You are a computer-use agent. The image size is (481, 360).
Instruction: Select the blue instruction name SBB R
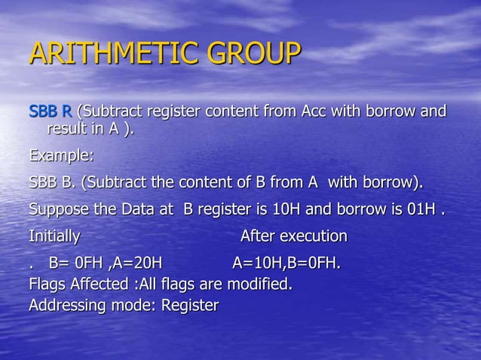point(51,112)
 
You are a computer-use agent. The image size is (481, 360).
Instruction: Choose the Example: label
point(61,156)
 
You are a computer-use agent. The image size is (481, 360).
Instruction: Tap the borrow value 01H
point(421,209)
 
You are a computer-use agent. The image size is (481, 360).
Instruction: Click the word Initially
point(54,236)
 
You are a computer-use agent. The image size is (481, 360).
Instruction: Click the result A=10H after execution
point(256,264)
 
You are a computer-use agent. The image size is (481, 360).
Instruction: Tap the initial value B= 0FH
point(76,264)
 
